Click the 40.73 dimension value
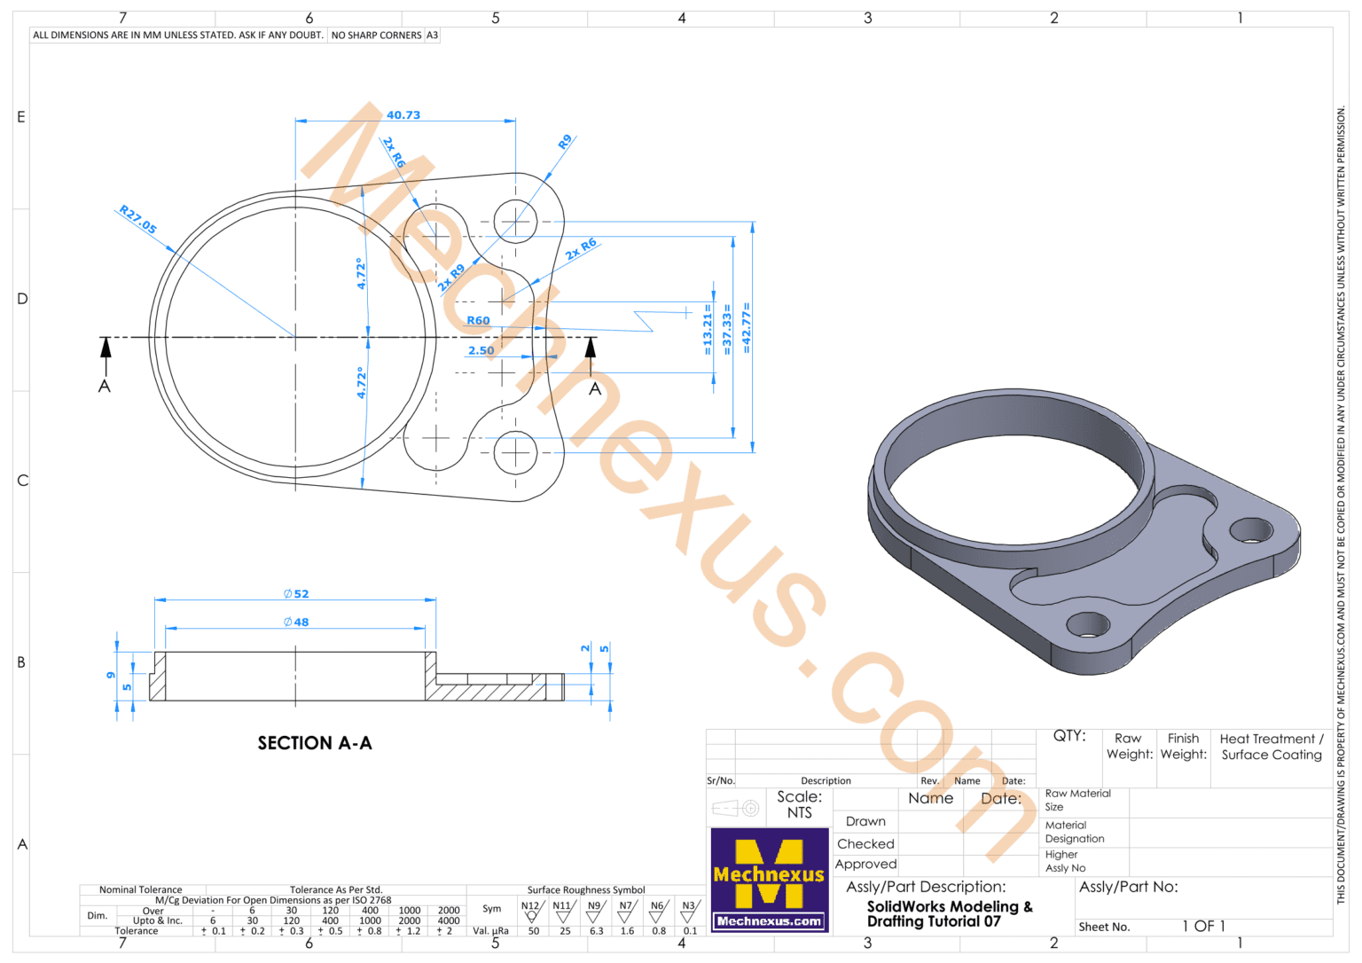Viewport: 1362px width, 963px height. pyautogui.click(x=403, y=115)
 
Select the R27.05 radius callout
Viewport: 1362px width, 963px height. pyautogui.click(x=137, y=220)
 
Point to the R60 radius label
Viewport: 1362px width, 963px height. pyautogui.click(x=478, y=320)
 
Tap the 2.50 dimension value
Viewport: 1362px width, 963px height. pyautogui.click(x=481, y=350)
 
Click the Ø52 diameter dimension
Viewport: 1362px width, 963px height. pyautogui.click(x=296, y=594)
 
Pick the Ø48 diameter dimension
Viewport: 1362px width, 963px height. pyautogui.click(x=296, y=622)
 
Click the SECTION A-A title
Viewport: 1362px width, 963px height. pyautogui.click(x=315, y=743)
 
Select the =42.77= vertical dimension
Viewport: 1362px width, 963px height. pyautogui.click(x=747, y=329)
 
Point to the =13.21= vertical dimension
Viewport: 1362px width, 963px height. pyautogui.click(x=708, y=333)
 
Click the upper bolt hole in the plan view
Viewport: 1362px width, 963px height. pyautogui.click(x=515, y=221)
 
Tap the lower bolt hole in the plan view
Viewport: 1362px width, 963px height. pyautogui.click(x=515, y=452)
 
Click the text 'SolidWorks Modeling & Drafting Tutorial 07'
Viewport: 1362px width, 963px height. pyautogui.click(x=949, y=913)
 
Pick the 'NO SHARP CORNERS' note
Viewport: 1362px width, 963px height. pyautogui.click(x=376, y=35)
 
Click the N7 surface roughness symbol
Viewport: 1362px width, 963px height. pyautogui.click(x=626, y=911)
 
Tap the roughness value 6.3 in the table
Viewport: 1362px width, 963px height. pyautogui.click(x=596, y=931)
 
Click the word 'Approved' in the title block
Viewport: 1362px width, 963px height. pyautogui.click(x=865, y=865)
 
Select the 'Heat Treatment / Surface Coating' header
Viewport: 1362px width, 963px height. pyautogui.click(x=1271, y=747)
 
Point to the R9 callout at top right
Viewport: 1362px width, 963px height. pyautogui.click(x=565, y=142)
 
